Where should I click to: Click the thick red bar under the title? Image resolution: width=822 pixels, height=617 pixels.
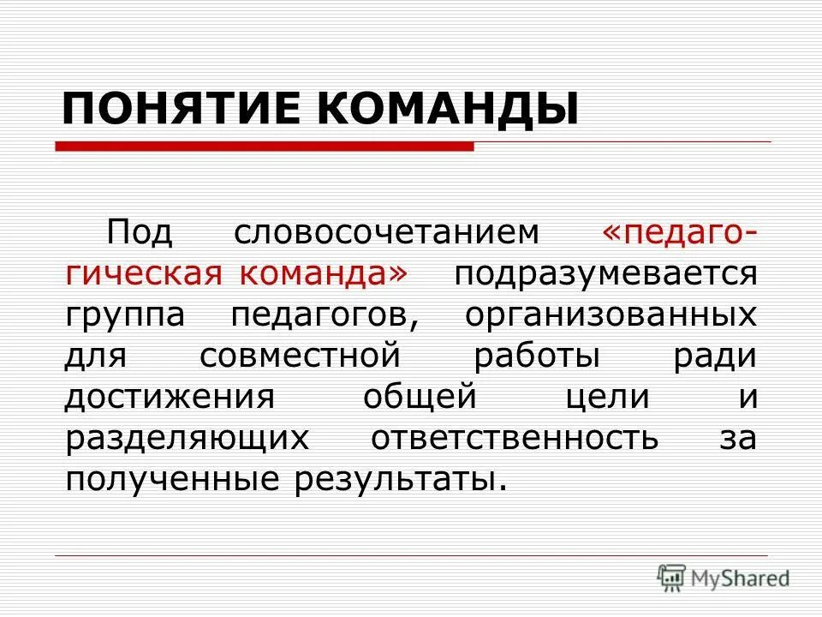coord(265,147)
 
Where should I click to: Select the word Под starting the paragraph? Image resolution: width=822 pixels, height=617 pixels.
coord(140,232)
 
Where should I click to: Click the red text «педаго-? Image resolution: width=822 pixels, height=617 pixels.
coord(679,232)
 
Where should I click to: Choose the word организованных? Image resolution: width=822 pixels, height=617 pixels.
coord(611,314)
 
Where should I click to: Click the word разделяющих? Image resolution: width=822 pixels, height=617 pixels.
coord(187,437)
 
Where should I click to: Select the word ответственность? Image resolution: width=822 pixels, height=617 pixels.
coord(515,437)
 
